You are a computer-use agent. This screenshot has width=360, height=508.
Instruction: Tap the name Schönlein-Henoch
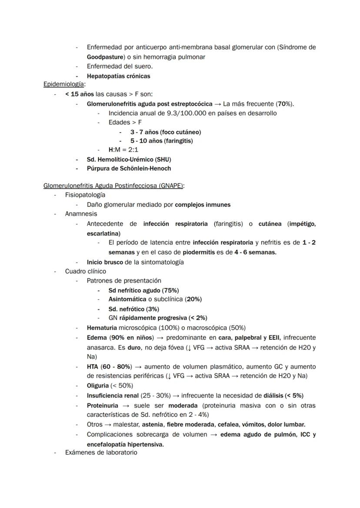coord(144,169)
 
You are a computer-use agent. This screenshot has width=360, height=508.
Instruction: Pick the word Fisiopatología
coord(85,195)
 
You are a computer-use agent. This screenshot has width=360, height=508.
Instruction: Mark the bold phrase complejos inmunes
coord(203,205)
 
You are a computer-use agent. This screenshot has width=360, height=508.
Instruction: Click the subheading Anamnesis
coord(81,214)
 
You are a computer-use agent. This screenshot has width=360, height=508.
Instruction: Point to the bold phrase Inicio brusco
coord(105,262)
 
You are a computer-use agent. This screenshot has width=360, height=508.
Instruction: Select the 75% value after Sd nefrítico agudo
coord(170,290)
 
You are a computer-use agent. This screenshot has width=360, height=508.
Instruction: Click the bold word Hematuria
coord(102,328)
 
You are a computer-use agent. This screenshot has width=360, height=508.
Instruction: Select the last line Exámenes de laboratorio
coord(101,452)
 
